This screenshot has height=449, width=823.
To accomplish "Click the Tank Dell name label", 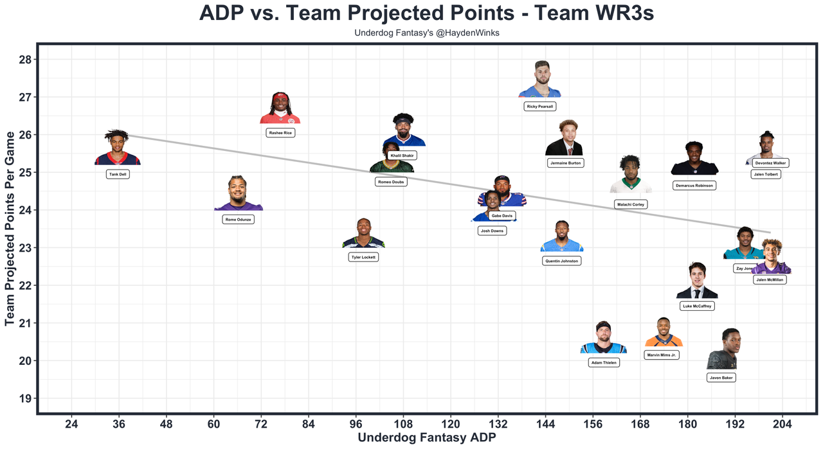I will [118, 174].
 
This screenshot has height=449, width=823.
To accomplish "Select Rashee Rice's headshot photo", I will [280, 108].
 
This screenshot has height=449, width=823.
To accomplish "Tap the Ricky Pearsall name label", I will [539, 107].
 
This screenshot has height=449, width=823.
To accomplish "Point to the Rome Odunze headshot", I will [238, 194].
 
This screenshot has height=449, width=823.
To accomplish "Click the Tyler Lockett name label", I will [363, 257].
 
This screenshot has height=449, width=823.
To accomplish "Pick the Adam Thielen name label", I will [603, 363].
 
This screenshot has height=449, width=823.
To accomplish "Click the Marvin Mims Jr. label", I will [662, 355].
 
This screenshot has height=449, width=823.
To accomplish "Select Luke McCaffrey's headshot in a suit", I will [697, 281].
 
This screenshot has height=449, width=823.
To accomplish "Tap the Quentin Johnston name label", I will [561, 261].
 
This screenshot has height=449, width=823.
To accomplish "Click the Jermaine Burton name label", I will [565, 163].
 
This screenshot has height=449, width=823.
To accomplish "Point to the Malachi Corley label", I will [631, 204].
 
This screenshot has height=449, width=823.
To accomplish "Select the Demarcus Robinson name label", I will [694, 185].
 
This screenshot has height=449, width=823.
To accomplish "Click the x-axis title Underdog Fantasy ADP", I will [426, 438].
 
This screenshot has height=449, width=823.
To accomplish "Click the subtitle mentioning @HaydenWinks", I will [426, 33].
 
